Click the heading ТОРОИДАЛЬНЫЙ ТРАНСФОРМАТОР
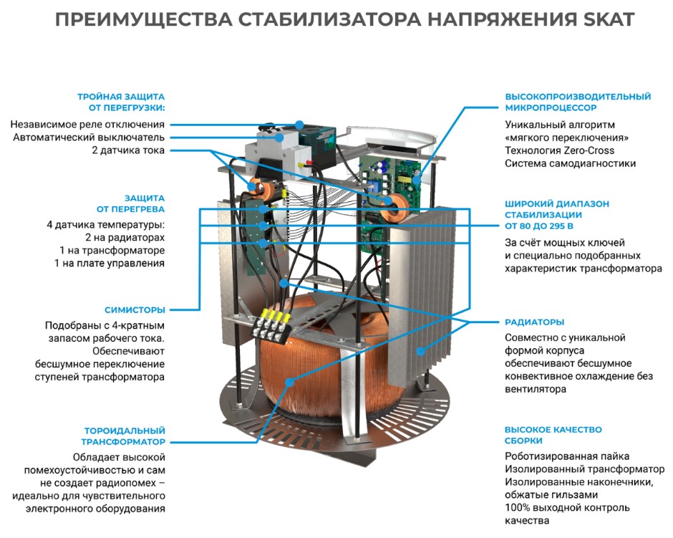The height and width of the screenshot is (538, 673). (125, 436)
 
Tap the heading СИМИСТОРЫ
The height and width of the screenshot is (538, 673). (135, 309)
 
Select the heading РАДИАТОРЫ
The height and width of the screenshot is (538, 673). (535, 322)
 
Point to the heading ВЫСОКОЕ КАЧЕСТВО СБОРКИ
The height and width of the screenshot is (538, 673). (543, 436)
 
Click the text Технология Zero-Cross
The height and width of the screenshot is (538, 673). (559, 150)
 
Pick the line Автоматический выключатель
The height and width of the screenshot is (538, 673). (89, 137)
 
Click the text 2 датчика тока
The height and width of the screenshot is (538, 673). (128, 150)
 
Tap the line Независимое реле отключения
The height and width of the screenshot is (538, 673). (87, 124)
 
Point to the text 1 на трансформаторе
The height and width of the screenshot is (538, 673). (112, 250)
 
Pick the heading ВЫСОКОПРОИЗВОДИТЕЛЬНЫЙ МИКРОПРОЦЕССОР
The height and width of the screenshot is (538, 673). (577, 102)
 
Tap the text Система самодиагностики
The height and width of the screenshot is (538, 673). (570, 163)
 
